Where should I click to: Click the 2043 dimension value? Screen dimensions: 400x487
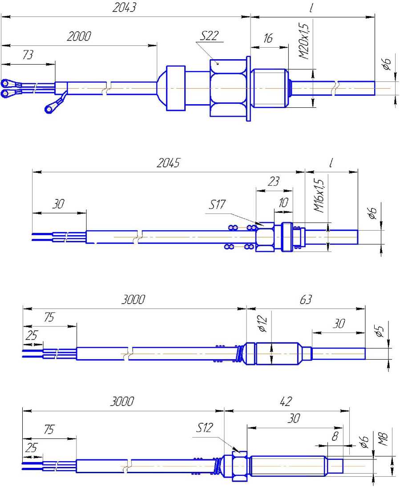pyautogui.click(x=124, y=8)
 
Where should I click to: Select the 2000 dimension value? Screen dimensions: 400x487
pyautogui.click(x=79, y=37)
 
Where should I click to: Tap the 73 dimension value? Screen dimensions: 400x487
pyautogui.click(x=28, y=55)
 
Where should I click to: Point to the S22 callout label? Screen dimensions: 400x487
pyautogui.click(x=209, y=36)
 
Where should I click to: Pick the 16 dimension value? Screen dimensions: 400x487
pyautogui.click(x=268, y=38)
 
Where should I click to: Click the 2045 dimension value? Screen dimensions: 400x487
pyautogui.click(x=168, y=163)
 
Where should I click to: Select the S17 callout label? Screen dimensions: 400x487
pyautogui.click(x=217, y=205)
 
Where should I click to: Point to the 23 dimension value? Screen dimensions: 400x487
pyautogui.click(x=273, y=181)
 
